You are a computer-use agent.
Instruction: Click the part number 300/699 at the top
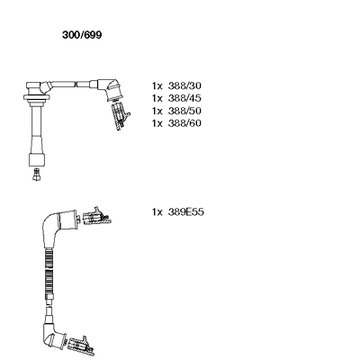(82, 35)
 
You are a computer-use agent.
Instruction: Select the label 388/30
(184, 86)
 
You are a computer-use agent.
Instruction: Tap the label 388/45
(184, 98)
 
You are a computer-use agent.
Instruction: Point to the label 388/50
(184, 111)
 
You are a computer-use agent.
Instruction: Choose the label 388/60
(184, 123)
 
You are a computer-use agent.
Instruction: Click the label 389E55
(186, 212)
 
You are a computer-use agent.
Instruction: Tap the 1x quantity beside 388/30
(157, 86)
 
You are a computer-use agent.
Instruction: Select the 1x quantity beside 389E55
(157, 212)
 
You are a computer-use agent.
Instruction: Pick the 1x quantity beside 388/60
(157, 123)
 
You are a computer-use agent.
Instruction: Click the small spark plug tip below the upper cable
(37, 175)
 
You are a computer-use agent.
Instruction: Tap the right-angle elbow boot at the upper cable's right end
(110, 89)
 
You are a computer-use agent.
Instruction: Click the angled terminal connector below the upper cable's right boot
(121, 116)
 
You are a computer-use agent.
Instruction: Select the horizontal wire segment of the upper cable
(71, 84)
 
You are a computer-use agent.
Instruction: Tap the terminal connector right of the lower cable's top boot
(96, 217)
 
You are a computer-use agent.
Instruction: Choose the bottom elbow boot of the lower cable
(52, 333)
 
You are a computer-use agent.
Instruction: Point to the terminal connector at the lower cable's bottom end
(81, 346)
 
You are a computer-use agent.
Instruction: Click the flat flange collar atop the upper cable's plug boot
(37, 97)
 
